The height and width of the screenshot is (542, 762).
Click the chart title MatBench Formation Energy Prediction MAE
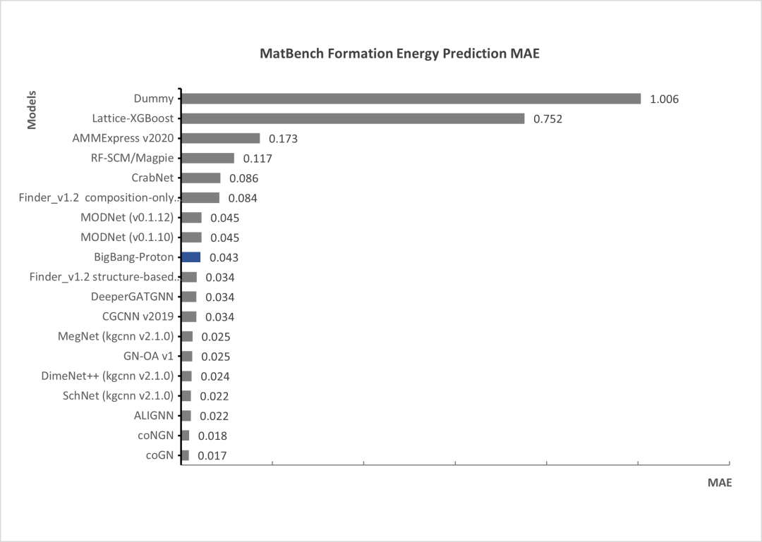pyautogui.click(x=399, y=54)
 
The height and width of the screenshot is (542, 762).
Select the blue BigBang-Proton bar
pyautogui.click(x=191, y=257)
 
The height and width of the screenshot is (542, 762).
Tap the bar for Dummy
pyautogui.click(x=411, y=99)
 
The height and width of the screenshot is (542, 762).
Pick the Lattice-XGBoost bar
pyautogui.click(x=353, y=118)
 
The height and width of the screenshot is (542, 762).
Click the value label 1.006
pyautogui.click(x=664, y=99)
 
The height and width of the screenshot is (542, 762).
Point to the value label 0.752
pyautogui.click(x=548, y=119)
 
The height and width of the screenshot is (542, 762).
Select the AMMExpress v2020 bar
pyautogui.click(x=221, y=138)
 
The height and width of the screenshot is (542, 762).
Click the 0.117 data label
pyautogui.click(x=258, y=159)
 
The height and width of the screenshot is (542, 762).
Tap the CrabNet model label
pyautogui.click(x=152, y=178)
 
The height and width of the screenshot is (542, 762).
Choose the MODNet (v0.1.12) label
pyautogui.click(x=127, y=217)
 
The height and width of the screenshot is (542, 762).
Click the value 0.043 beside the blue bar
pyautogui.click(x=224, y=258)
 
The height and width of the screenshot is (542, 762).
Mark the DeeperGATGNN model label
pyautogui.click(x=133, y=297)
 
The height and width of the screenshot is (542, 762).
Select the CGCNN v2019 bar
pyautogui.click(x=189, y=316)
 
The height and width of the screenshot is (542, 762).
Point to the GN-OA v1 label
pyautogui.click(x=148, y=356)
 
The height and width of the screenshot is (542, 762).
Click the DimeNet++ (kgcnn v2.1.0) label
pyautogui.click(x=107, y=376)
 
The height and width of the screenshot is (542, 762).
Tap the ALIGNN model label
pyautogui.click(x=154, y=415)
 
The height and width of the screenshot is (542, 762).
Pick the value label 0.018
pyautogui.click(x=212, y=436)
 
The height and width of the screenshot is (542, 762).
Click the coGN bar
pyautogui.click(x=186, y=455)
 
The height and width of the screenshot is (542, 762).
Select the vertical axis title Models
pyautogui.click(x=32, y=109)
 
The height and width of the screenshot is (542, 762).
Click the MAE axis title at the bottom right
pyautogui.click(x=720, y=483)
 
